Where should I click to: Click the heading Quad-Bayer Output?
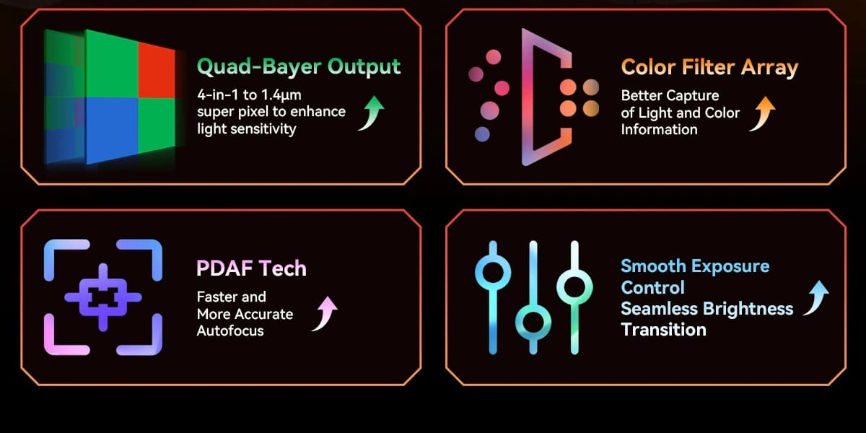click(x=299, y=66)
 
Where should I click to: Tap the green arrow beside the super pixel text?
click(x=372, y=113)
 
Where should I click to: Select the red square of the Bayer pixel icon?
click(x=157, y=71)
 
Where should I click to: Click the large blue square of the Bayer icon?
click(x=112, y=130)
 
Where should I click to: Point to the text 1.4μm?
click(x=281, y=95)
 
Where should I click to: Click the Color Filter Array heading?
click(x=709, y=67)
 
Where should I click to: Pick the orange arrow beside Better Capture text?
click(x=763, y=114)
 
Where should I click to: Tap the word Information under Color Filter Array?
click(x=659, y=129)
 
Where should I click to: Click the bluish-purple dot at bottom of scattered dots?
click(x=482, y=134)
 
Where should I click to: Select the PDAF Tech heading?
click(x=251, y=268)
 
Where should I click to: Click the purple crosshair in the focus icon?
click(x=102, y=297)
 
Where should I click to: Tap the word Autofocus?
click(x=230, y=331)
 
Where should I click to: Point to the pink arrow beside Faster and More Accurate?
click(x=325, y=314)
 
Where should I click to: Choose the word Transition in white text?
click(x=663, y=330)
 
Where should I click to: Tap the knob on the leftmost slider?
click(x=493, y=272)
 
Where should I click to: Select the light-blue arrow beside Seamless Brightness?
click(x=816, y=297)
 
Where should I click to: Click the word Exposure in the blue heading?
click(x=730, y=266)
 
